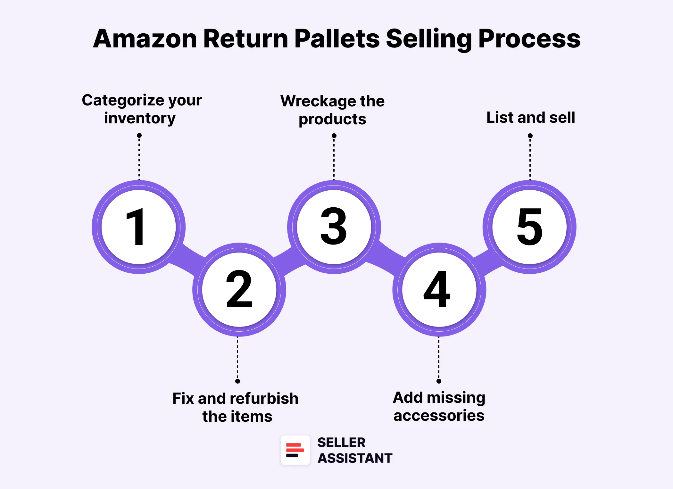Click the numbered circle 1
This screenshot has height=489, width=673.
(138, 227)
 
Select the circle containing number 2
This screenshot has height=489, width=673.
(239, 289)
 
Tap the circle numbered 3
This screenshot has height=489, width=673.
(334, 227)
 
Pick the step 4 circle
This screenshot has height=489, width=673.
(439, 289)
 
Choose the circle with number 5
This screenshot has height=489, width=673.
(529, 227)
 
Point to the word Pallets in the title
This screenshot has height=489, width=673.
(336, 39)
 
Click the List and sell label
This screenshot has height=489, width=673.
(531, 118)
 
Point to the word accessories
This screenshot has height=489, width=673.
(439, 416)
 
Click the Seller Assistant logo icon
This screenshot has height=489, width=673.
(295, 450)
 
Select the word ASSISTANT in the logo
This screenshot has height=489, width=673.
(355, 458)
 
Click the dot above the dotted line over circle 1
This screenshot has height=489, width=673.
(139, 136)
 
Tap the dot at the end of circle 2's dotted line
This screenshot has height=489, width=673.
(237, 381)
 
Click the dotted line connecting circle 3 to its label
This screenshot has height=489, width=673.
(334, 159)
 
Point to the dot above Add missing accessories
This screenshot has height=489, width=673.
(439, 381)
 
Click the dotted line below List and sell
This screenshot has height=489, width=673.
(530, 159)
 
